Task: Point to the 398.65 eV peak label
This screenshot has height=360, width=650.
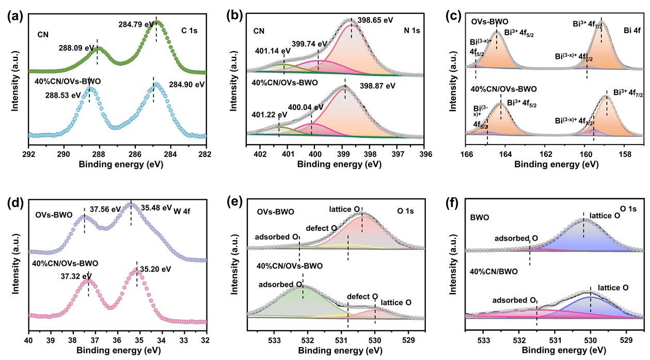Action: click(375, 20)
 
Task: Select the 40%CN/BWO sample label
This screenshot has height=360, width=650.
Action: click(492, 269)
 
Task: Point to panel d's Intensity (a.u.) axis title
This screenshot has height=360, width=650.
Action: click(16, 264)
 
